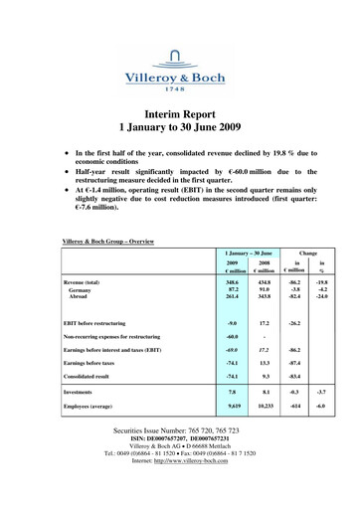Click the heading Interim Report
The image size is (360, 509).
pos(179,113)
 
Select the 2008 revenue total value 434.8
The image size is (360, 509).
pos(267,284)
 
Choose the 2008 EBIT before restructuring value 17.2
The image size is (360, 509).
pos(267,351)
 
